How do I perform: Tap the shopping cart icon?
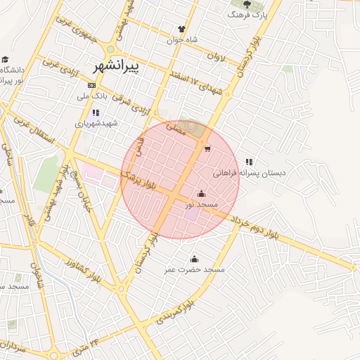tap(207, 148)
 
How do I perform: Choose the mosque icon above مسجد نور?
tap(201, 193)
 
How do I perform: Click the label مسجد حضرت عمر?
tap(195, 270)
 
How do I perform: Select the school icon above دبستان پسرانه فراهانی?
tap(249, 162)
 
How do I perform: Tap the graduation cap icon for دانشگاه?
tap(6, 60)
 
